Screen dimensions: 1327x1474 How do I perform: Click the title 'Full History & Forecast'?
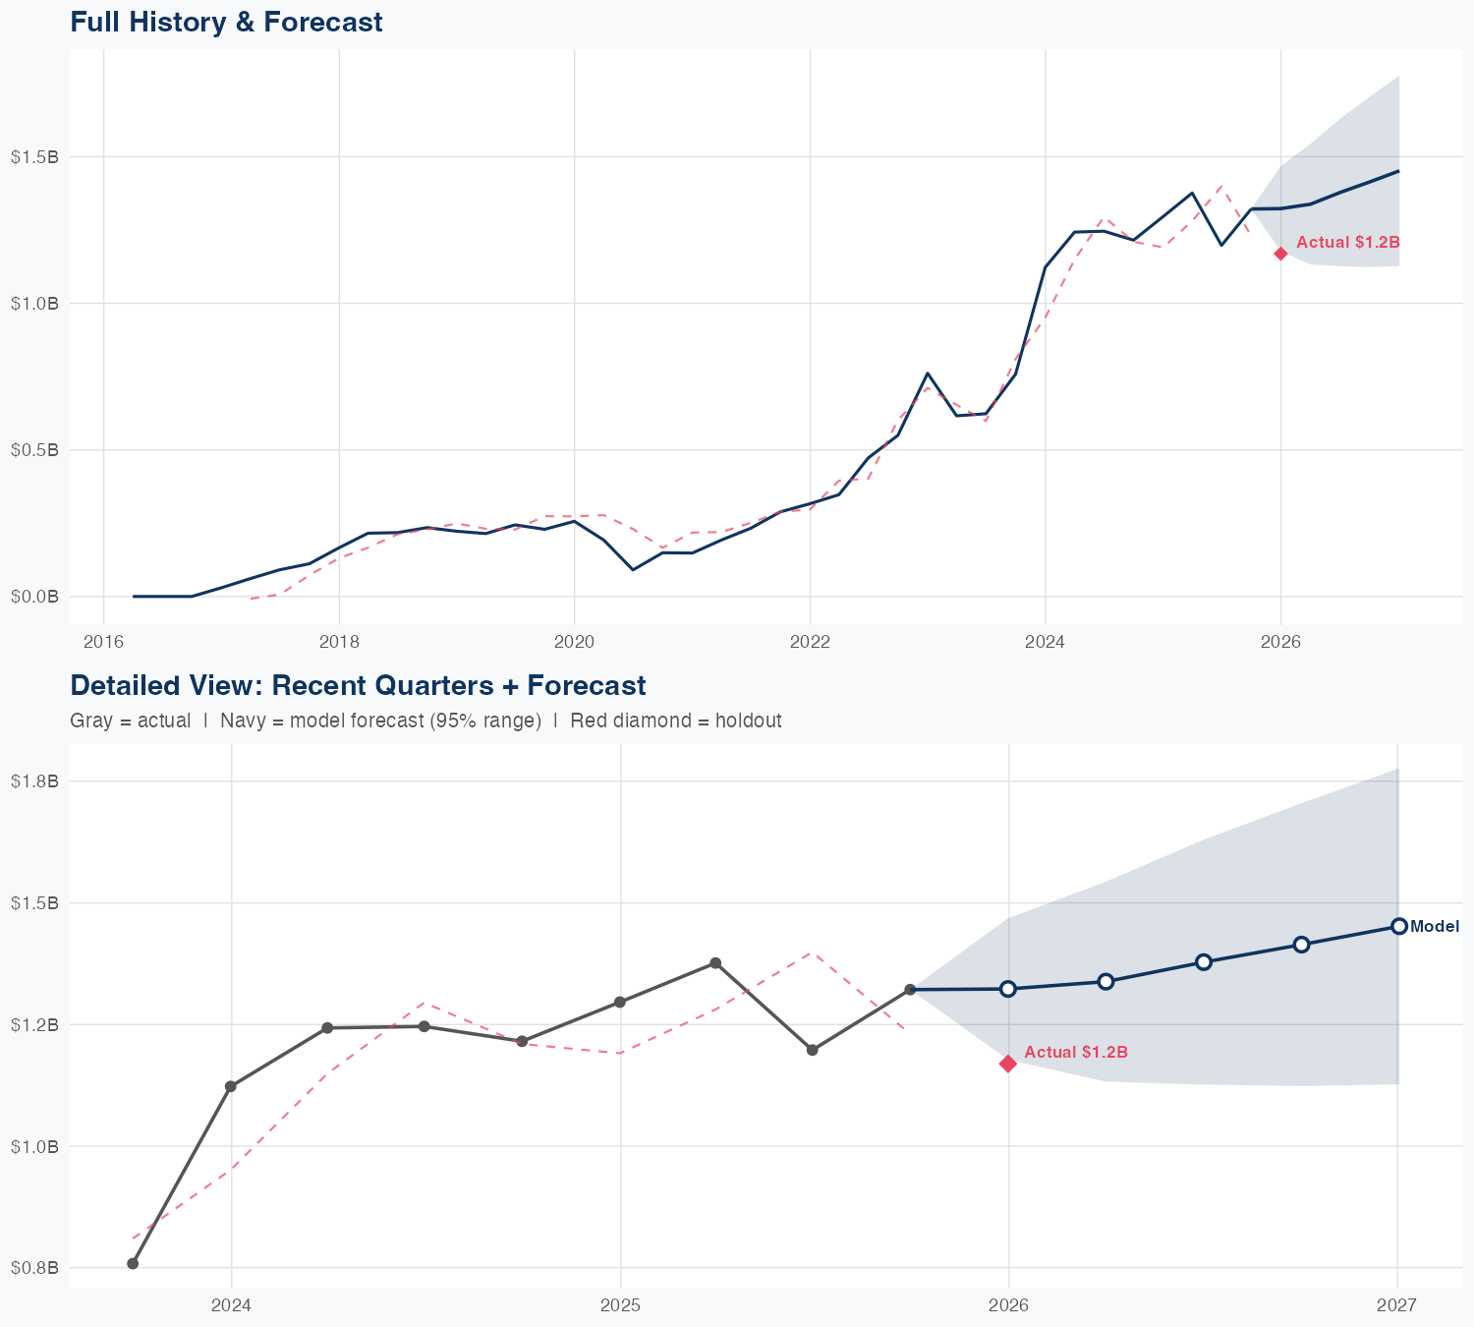(226, 22)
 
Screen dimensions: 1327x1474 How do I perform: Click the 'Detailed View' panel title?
(358, 685)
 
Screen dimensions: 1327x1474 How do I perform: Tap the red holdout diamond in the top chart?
(1280, 254)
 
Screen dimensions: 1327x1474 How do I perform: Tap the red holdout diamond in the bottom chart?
(1008, 1064)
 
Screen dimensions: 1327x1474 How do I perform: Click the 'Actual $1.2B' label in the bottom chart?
(1075, 1053)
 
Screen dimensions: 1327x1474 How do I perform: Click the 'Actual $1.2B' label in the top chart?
(1347, 242)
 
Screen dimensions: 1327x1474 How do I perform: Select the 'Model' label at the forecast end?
(1434, 926)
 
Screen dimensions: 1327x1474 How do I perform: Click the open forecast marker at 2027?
(1398, 926)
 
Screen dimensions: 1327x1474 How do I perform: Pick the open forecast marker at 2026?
(1008, 989)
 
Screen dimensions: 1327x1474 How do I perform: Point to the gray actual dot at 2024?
(231, 1086)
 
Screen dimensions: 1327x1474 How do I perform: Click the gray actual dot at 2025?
(620, 1002)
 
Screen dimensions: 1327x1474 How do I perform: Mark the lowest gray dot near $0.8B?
(133, 1263)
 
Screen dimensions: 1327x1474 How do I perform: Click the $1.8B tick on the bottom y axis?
(34, 781)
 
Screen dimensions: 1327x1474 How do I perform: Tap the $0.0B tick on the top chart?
(34, 597)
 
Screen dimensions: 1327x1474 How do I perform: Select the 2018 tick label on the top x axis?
(339, 642)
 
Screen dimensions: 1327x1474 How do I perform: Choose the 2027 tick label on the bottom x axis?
(1396, 1305)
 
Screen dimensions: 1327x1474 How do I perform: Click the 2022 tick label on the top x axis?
(810, 642)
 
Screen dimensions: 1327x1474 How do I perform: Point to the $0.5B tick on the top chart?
(34, 450)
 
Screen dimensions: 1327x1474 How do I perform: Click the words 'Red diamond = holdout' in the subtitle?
(675, 721)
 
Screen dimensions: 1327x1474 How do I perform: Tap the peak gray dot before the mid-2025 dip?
(715, 963)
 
